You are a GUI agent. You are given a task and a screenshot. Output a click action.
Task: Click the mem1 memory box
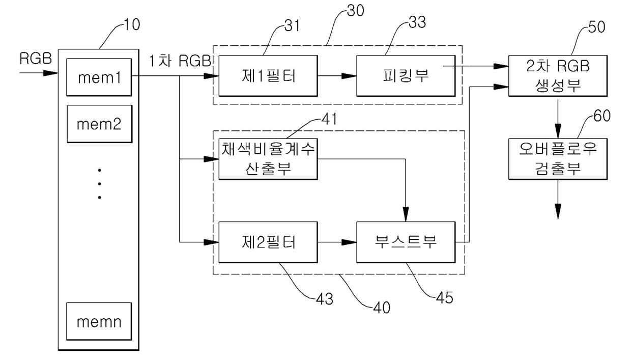[x=99, y=77]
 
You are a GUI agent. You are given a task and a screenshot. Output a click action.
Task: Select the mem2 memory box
[x=99, y=123]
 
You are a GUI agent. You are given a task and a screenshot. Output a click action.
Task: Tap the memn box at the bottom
[x=99, y=321]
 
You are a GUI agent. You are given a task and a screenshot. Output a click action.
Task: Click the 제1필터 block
[x=268, y=76]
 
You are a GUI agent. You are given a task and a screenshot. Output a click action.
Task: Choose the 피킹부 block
[x=406, y=76]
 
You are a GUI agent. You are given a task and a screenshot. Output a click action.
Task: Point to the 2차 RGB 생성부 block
[x=558, y=76]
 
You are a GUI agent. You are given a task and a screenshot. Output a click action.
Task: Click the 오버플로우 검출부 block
[x=558, y=159]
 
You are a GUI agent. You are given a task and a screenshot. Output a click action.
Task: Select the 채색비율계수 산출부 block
[x=268, y=159]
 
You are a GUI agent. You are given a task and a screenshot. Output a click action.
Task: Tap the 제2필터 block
[x=268, y=242]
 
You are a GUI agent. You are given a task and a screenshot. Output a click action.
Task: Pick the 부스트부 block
[x=406, y=242]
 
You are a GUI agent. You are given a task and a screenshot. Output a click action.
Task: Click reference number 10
[x=132, y=24]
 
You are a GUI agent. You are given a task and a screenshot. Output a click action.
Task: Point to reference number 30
[x=356, y=11]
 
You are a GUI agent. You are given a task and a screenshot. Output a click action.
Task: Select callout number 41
[x=329, y=119]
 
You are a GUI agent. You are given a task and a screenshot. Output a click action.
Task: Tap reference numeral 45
[x=445, y=298]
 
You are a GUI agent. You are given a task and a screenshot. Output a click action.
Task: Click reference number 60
[x=602, y=116]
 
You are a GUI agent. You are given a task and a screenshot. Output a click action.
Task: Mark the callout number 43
[x=325, y=299]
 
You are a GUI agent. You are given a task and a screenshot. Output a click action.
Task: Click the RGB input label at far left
[x=36, y=59]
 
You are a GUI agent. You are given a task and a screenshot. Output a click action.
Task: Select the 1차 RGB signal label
[x=180, y=61]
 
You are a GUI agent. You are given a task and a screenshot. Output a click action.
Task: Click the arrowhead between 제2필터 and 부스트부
[x=349, y=242]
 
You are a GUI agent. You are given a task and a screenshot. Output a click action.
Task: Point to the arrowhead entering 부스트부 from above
[x=406, y=214]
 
